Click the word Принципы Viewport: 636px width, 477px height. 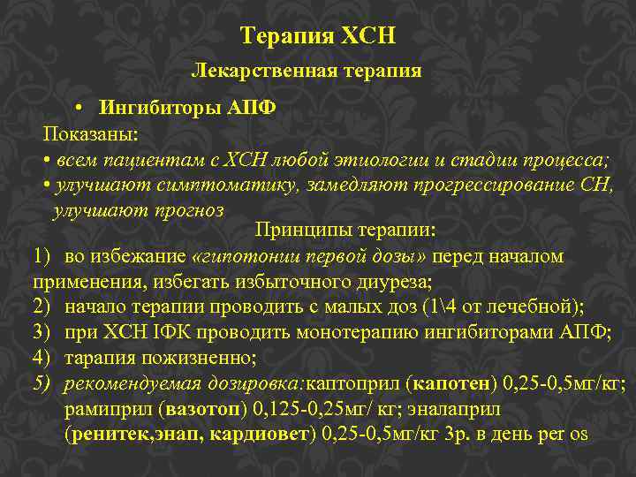(x=295, y=231)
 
